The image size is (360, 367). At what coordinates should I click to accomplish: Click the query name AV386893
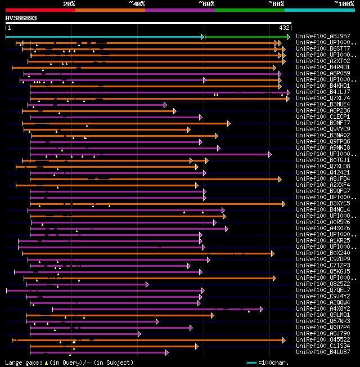[x=21, y=18]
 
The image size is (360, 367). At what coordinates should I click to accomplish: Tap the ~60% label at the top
[x=206, y=4]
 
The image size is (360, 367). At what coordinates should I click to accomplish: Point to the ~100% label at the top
[x=344, y=4]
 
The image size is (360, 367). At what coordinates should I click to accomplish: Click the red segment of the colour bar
[x=40, y=10]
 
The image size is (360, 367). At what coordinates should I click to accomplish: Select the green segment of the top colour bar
[x=249, y=10]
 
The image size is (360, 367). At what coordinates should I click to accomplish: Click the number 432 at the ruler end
[x=285, y=28]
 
